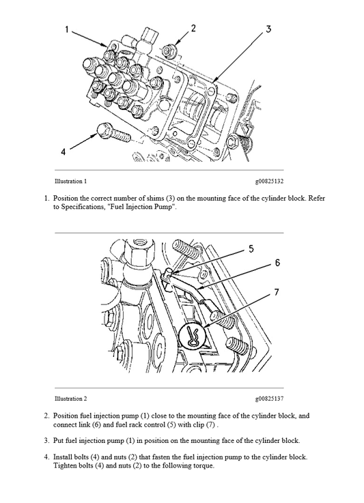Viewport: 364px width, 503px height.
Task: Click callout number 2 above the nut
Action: click(x=193, y=29)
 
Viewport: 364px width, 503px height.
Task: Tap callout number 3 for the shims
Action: click(x=268, y=29)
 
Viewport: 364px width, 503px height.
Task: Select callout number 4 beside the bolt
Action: click(x=64, y=152)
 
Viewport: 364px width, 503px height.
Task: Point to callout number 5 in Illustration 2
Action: click(x=251, y=249)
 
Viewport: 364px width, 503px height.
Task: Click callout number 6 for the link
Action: click(x=277, y=262)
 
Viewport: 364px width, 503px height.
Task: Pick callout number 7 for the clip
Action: click(x=276, y=291)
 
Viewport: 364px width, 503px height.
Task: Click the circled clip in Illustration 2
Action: click(x=194, y=335)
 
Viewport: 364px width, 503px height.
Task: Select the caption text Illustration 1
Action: click(x=70, y=182)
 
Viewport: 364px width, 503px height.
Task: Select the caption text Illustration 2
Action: click(x=70, y=398)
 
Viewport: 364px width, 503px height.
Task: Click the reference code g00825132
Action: click(x=269, y=182)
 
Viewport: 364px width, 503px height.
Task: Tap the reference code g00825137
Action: click(x=269, y=398)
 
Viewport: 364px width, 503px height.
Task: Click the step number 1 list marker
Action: click(x=46, y=199)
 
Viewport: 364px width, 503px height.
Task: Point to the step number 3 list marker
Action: click(x=46, y=440)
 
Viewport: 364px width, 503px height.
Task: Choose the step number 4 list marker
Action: click(x=46, y=457)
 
